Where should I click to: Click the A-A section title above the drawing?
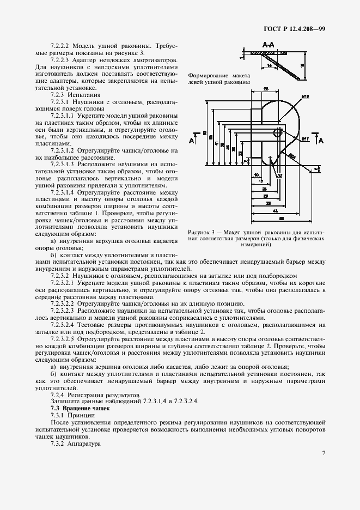coord(268,43)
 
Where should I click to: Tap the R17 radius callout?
coord(306,139)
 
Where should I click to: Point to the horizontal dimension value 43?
coord(276,210)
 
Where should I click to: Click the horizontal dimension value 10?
coord(256,175)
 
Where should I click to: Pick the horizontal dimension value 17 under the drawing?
coord(261,181)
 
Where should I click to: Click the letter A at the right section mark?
coord(321,141)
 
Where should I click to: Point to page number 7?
coord(324,452)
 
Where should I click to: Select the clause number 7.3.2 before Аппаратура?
coord(59,444)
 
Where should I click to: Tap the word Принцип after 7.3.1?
coord(83,415)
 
